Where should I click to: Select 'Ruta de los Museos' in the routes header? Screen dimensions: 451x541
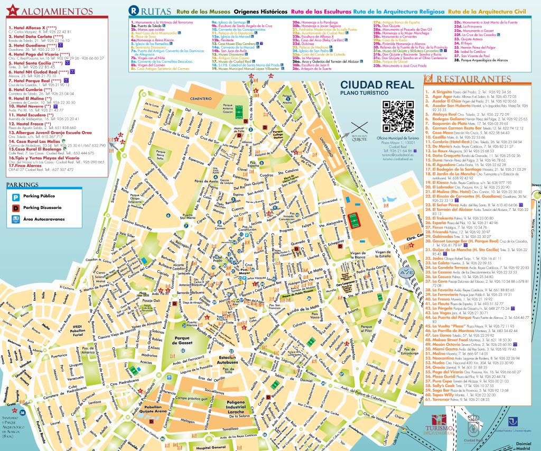(203, 11)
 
